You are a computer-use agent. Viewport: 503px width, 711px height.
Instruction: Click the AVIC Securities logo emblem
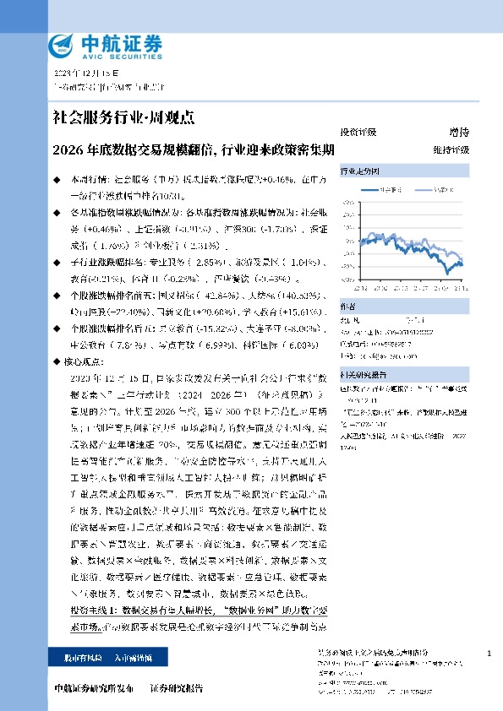click(62, 45)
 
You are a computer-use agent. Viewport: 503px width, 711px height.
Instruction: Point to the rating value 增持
click(459, 133)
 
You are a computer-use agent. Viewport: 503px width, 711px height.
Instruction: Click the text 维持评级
click(451, 149)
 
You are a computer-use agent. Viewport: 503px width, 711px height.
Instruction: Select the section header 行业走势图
click(358, 170)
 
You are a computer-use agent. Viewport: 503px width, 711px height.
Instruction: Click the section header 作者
click(347, 307)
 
